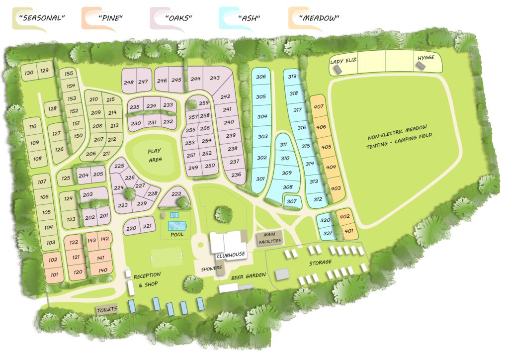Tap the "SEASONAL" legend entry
click(x=42, y=18)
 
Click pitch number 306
click(x=260, y=77)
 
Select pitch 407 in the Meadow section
click(x=319, y=107)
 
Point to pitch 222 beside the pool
click(x=176, y=194)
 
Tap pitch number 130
click(x=29, y=73)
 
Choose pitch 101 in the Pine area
click(x=54, y=274)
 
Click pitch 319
click(x=292, y=77)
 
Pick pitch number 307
click(x=292, y=201)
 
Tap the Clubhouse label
click(x=230, y=255)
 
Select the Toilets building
click(x=107, y=309)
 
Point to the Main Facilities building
click(x=269, y=238)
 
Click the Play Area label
click(x=155, y=155)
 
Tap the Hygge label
click(x=426, y=58)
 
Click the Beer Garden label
click(x=248, y=275)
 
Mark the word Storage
click(x=320, y=262)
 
